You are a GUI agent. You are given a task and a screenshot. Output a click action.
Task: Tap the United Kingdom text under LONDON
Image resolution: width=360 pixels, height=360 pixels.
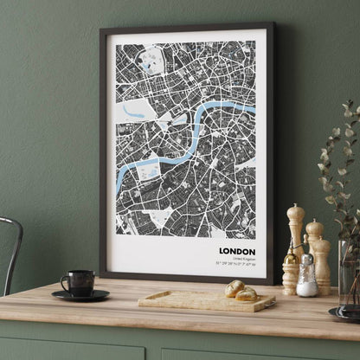pyautogui.click(x=243, y=260)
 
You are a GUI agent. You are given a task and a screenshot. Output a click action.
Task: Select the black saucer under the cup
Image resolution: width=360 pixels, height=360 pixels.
pyautogui.click(x=80, y=295)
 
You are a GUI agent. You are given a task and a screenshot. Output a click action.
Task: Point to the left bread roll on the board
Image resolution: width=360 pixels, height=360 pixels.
pyautogui.click(x=235, y=288)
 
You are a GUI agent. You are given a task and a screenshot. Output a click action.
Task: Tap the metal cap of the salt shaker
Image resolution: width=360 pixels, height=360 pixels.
pyautogui.click(x=307, y=260)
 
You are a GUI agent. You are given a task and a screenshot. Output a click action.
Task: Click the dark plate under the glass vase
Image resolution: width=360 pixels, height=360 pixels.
pyautogui.click(x=344, y=314)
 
